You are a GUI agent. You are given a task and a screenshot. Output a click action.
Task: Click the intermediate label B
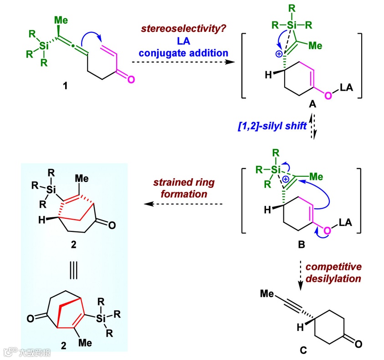(x=301, y=246)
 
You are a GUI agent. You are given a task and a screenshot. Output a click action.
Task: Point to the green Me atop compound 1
(x=61, y=20)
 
